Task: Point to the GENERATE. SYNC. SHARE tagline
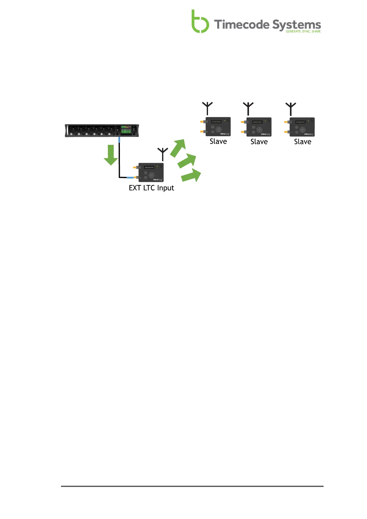(303, 31)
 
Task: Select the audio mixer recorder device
(102, 130)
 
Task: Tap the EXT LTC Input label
(151, 188)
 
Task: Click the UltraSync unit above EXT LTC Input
(151, 172)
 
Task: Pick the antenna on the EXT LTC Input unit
(162, 154)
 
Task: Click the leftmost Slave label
(218, 141)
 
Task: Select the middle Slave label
(259, 142)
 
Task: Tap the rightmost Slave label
(303, 142)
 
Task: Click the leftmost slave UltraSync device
(218, 127)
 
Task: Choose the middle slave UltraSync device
(259, 127)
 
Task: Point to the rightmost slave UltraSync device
(302, 127)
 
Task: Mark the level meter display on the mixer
(126, 130)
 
